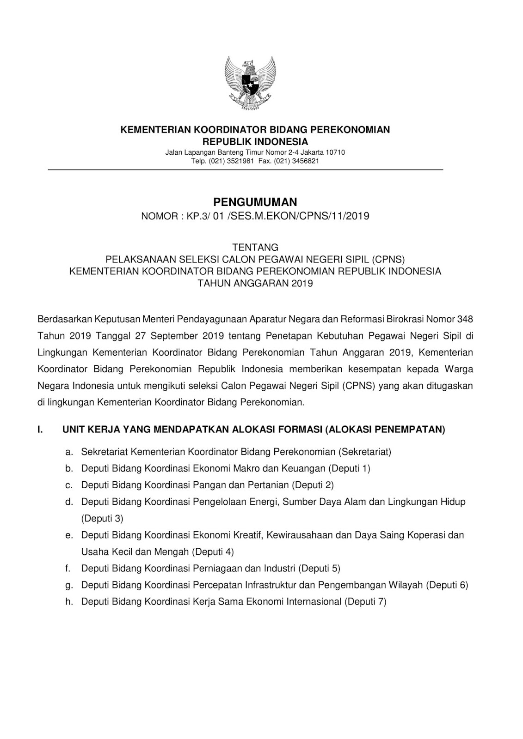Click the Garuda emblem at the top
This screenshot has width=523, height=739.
point(250,83)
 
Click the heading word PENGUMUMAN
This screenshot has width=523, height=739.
point(255,202)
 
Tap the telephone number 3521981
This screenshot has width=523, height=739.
point(239,161)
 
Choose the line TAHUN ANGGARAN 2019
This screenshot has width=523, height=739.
point(255,283)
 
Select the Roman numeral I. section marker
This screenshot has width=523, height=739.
point(40,430)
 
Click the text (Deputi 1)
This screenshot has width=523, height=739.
point(350,468)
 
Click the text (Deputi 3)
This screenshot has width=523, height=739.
point(102,518)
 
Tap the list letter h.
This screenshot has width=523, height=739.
point(69,601)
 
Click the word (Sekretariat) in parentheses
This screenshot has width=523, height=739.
point(365,451)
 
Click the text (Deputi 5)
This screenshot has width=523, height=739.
point(320,568)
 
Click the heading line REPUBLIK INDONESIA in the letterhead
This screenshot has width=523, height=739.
point(255,141)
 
